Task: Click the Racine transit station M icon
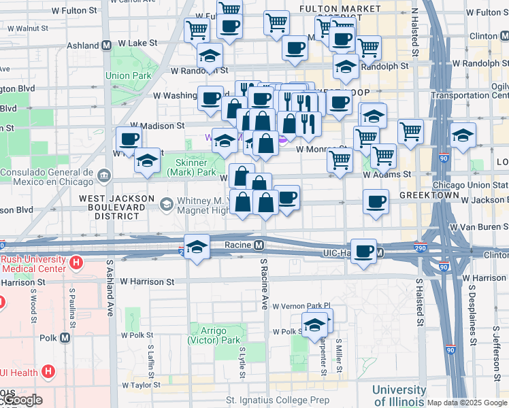point(259,244)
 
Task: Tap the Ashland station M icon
point(107,46)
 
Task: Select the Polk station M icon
point(65,337)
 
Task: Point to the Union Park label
point(128,75)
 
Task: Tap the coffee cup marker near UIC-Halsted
point(364,250)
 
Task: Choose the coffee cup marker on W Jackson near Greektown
point(376,201)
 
